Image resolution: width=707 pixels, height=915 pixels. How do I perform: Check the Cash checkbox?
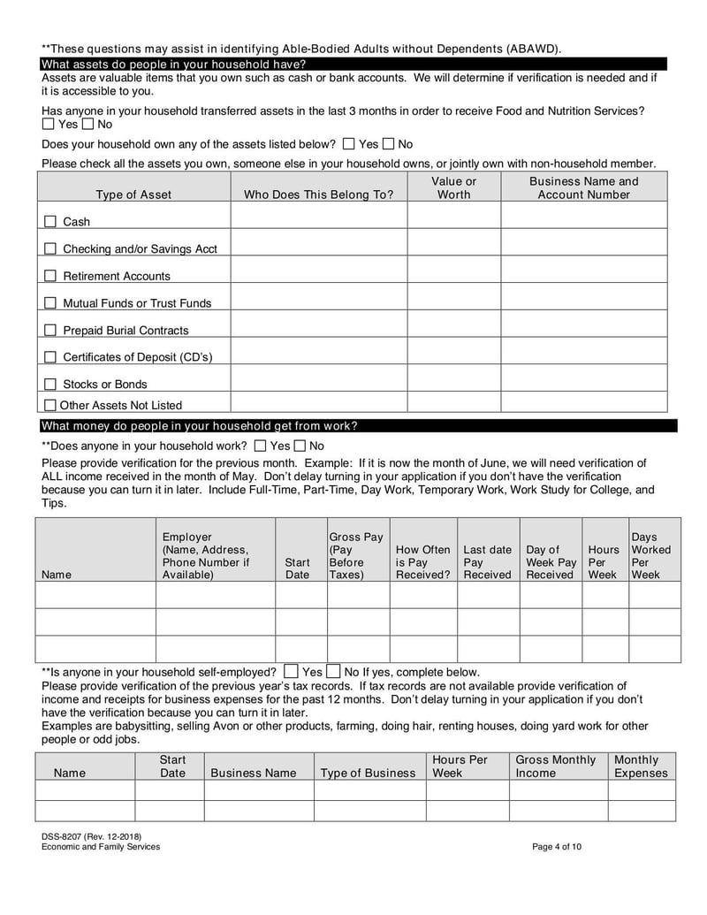[50, 222]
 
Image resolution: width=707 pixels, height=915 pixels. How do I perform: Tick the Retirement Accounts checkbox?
[50, 276]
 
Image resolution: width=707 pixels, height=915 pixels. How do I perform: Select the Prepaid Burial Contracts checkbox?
[50, 331]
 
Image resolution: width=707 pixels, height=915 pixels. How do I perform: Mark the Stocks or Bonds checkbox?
[50, 385]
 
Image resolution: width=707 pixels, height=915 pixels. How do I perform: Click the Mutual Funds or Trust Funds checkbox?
[50, 303]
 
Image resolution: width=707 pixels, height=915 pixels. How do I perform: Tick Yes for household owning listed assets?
[349, 144]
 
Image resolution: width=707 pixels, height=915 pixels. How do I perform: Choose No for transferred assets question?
[89, 125]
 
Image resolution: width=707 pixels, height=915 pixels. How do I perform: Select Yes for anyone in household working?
[260, 446]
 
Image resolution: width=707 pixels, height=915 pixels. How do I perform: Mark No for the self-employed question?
[333, 672]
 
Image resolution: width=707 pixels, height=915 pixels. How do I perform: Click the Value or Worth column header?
[453, 187]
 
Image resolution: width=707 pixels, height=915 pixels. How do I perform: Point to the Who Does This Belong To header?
[318, 194]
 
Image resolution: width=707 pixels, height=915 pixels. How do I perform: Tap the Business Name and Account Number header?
[583, 187]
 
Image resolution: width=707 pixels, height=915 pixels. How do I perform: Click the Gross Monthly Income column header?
[555, 766]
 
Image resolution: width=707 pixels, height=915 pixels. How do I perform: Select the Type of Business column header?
[368, 774]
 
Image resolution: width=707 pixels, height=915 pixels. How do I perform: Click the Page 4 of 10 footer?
[557, 847]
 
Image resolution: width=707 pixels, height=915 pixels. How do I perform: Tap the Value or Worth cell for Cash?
[453, 216]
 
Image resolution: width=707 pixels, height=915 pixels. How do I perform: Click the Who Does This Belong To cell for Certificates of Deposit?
[318, 351]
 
